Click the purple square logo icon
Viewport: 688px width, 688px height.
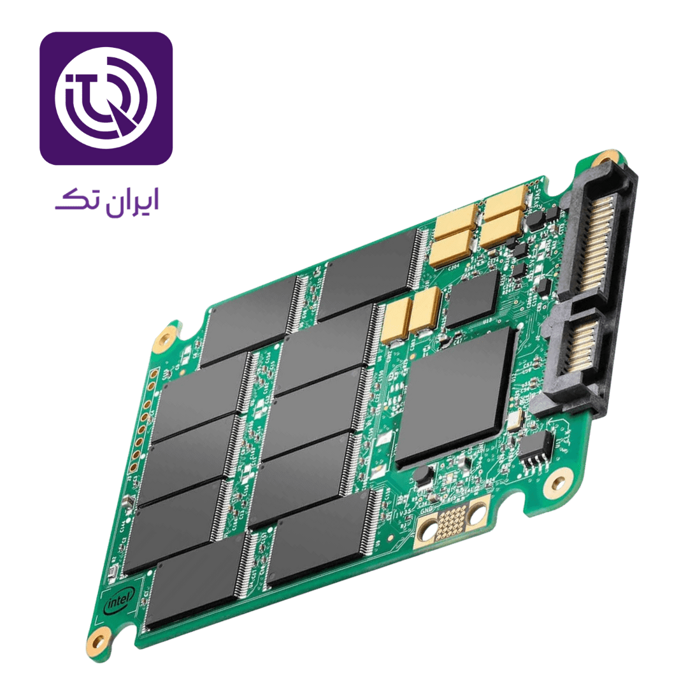106,98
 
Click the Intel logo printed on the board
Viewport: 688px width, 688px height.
118,599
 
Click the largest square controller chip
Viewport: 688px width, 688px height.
456,396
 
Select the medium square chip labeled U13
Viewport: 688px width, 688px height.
472,299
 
